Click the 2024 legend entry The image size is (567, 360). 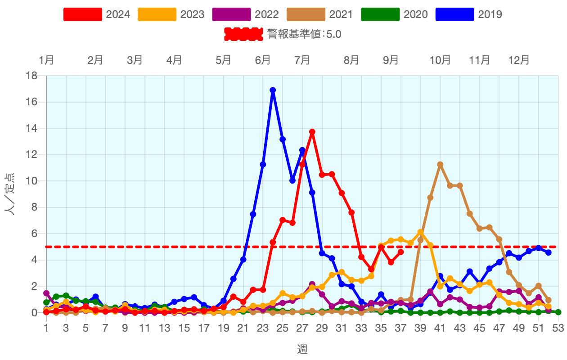[x=96, y=14]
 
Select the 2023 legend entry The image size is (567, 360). [x=171, y=14]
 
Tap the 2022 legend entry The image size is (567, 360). [x=245, y=14]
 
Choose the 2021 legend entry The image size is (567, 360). [x=319, y=14]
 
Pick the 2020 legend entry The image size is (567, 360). [x=394, y=14]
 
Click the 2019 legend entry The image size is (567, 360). [x=468, y=14]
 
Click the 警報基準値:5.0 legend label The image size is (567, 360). [x=304, y=34]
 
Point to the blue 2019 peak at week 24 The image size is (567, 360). [x=273, y=90]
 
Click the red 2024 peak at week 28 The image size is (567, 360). [x=312, y=132]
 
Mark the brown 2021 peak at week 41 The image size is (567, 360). [x=440, y=165]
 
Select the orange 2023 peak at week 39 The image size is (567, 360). [x=420, y=232]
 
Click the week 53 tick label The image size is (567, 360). [x=558, y=328]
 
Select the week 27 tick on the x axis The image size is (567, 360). [x=302, y=328]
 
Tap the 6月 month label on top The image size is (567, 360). [x=263, y=60]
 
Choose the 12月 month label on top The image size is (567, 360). [x=519, y=60]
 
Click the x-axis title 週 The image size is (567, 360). [x=302, y=349]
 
